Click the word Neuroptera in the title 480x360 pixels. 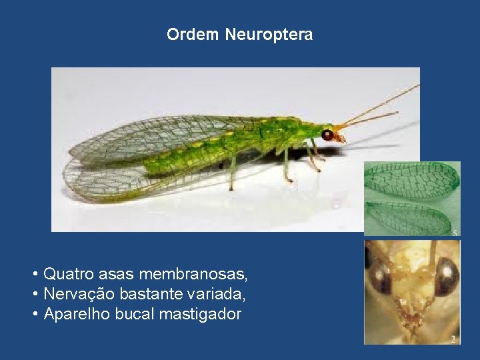click(269, 35)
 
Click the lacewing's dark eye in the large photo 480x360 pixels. click(327, 135)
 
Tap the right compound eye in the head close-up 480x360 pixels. click(446, 275)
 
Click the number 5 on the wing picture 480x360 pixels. click(455, 231)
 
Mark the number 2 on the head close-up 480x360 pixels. click(453, 339)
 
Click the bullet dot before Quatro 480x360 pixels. click(33, 274)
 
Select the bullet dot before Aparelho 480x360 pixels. click(33, 315)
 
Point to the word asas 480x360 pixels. click(118, 273)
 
